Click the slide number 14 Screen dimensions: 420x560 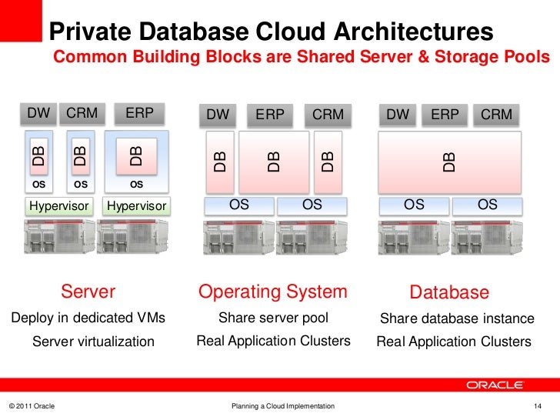click(x=538, y=405)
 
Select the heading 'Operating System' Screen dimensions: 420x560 click(x=273, y=292)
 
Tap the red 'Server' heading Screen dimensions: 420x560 click(x=88, y=292)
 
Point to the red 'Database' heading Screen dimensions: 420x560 click(x=449, y=292)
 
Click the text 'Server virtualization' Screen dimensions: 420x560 click(x=93, y=342)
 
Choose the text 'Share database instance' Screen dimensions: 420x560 click(x=457, y=318)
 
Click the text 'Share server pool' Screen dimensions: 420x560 click(x=273, y=318)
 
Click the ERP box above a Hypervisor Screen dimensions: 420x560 click(x=139, y=114)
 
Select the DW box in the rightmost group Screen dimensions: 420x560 click(x=398, y=115)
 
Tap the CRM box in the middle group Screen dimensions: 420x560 click(x=328, y=115)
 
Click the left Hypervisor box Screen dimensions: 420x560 click(x=58, y=206)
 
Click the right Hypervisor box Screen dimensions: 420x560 click(x=137, y=206)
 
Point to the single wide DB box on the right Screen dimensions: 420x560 click(x=449, y=162)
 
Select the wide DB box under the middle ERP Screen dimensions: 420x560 click(x=273, y=162)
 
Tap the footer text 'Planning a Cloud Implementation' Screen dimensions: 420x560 click(x=283, y=405)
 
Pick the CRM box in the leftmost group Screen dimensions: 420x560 click(x=82, y=114)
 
